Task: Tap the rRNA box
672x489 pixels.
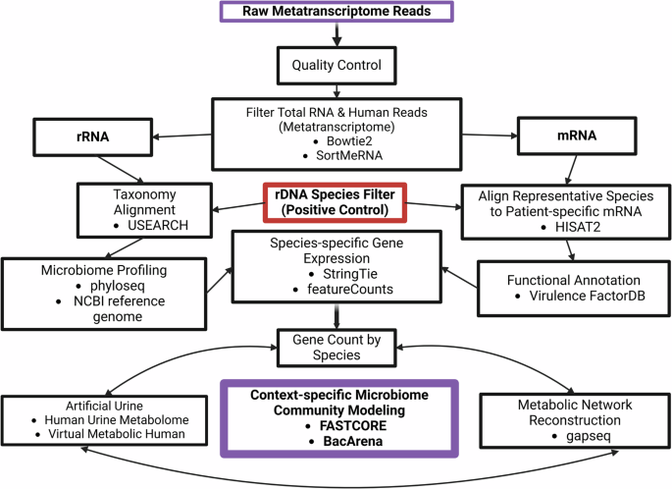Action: (x=83, y=138)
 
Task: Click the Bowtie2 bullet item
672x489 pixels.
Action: (x=338, y=142)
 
